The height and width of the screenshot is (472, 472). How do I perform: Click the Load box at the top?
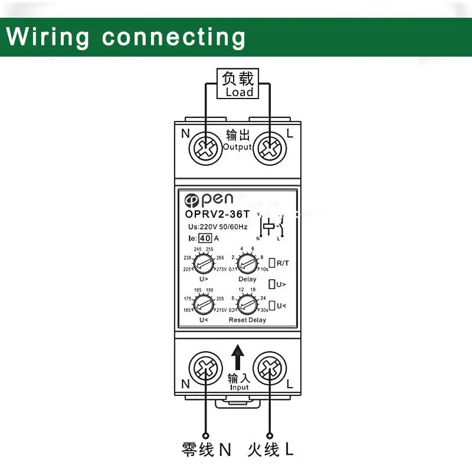tap(238, 84)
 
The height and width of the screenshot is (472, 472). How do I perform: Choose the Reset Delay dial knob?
tap(247, 304)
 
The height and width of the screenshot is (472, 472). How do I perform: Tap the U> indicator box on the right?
tap(272, 284)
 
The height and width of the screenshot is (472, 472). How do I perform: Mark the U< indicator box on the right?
tap(272, 306)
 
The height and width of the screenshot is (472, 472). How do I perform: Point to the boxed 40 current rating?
tap(205, 238)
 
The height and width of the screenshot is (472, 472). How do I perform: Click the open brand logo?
tap(209, 199)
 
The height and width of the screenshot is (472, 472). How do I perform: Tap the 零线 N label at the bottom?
tap(206, 450)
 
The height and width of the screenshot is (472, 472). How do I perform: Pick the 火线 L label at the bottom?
tap(270, 450)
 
